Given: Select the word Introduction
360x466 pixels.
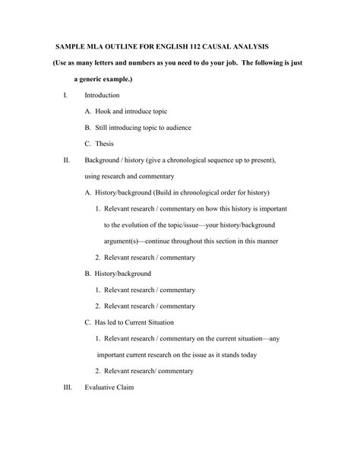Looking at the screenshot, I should pyautogui.click(x=102, y=96).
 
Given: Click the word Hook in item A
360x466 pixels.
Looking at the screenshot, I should pyautogui.click(x=103, y=112).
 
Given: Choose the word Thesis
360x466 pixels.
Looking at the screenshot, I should pyautogui.click(x=105, y=144).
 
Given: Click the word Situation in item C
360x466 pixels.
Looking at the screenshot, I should pyautogui.click(x=175, y=322).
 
